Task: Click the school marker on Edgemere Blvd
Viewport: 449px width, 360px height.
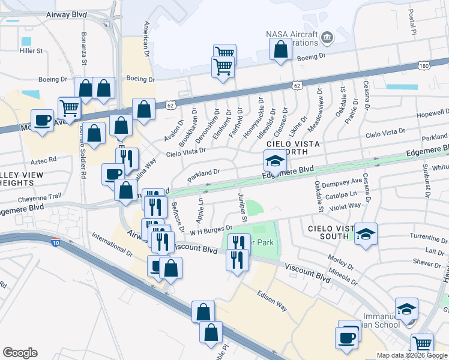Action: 275,161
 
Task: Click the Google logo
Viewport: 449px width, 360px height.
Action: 20,353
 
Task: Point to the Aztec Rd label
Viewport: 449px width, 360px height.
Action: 44,160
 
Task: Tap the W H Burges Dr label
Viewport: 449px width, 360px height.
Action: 211,229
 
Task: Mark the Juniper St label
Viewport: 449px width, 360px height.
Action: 243,210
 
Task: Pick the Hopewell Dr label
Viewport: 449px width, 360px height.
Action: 432,113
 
